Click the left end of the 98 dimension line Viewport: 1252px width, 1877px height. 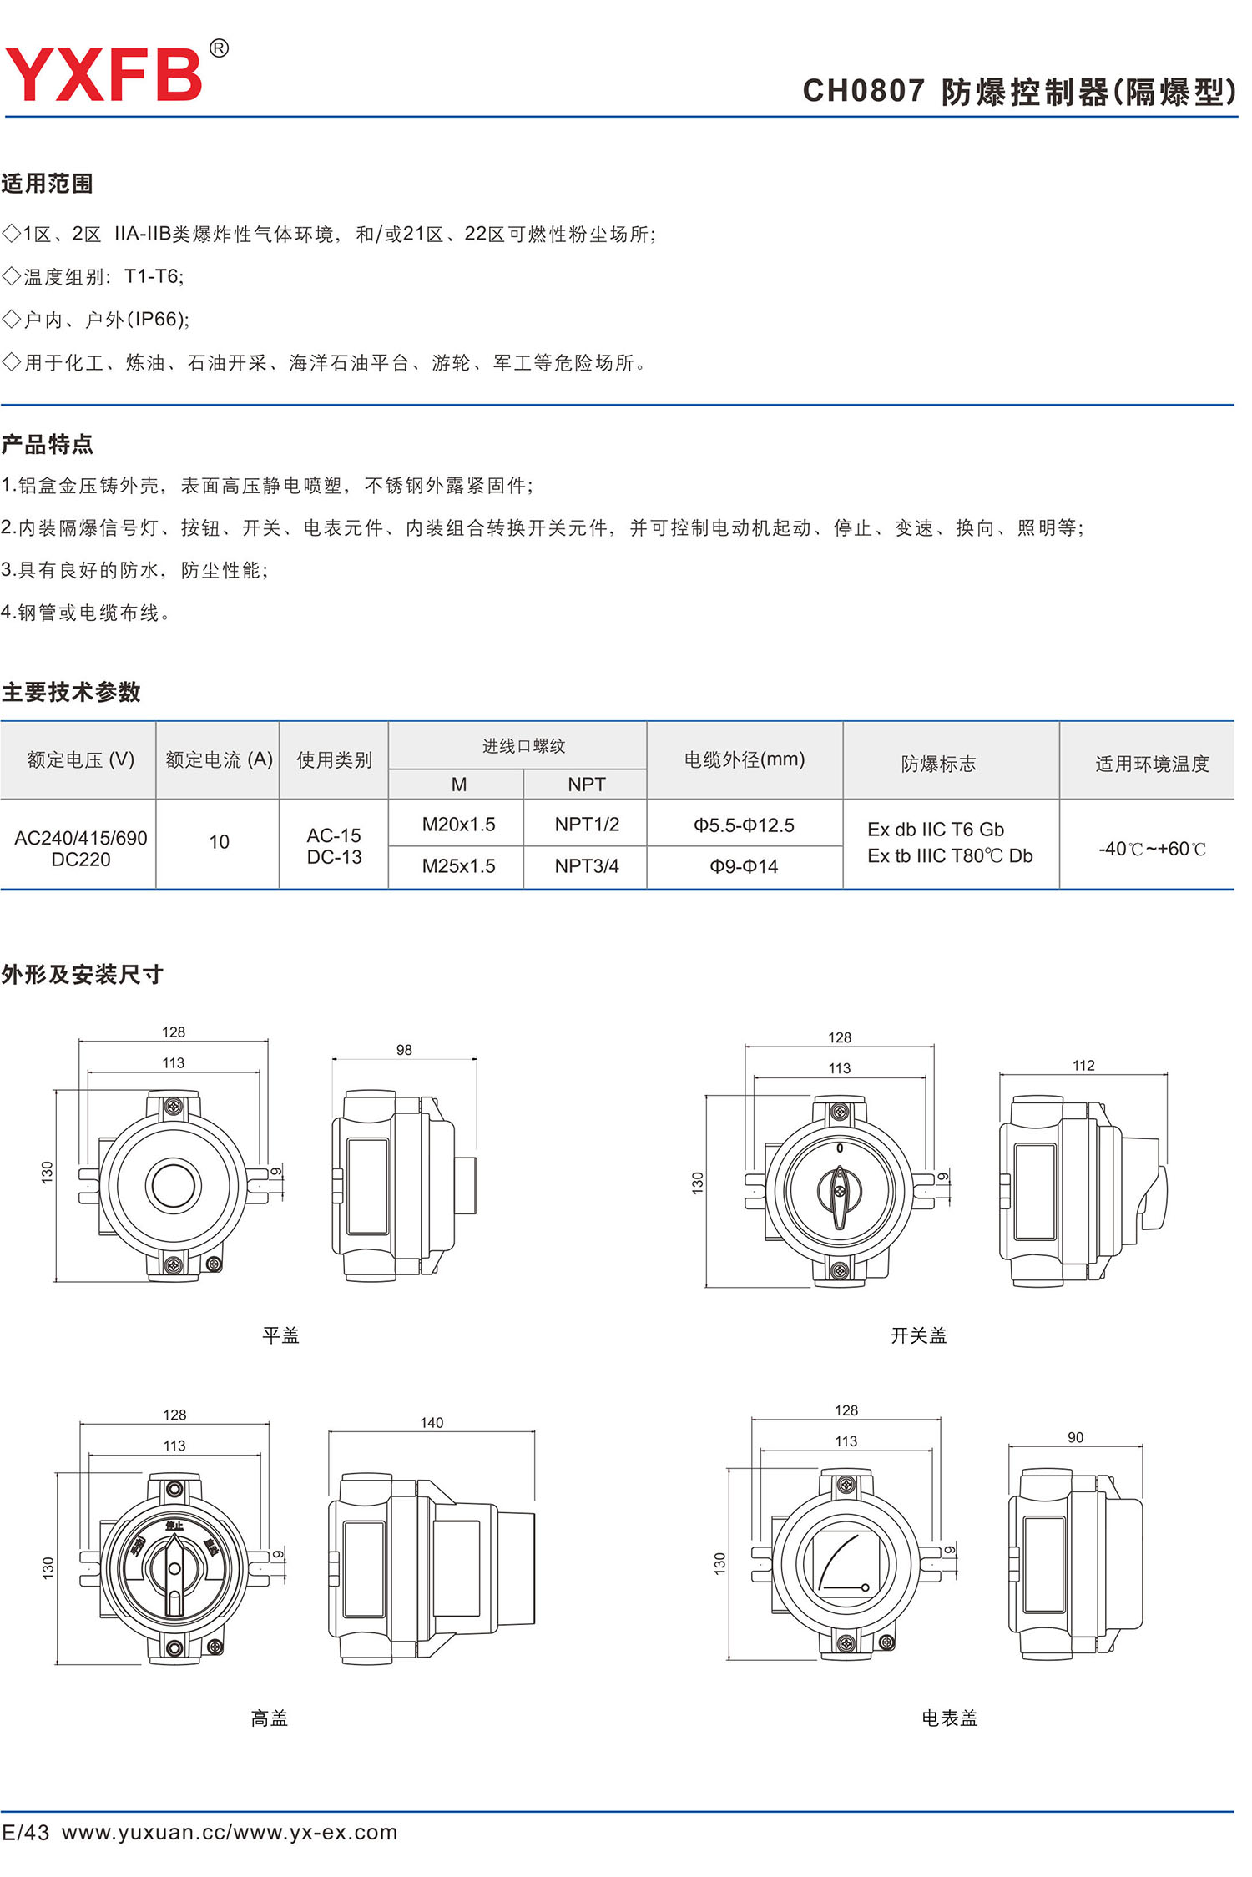[333, 1060]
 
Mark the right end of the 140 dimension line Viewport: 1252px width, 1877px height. [534, 1432]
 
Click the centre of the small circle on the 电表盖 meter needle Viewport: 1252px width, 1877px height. [866, 1587]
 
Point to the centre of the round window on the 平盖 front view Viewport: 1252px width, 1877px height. [173, 1185]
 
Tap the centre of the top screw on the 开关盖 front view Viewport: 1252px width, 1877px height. [840, 1112]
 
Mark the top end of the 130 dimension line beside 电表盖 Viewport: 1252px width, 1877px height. [729, 1469]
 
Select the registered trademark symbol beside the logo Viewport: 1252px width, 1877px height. [219, 48]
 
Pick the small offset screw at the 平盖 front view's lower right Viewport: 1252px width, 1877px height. [214, 1264]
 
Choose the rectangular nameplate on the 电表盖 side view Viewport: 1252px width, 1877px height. [1043, 1564]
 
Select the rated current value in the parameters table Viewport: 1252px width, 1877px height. [219, 842]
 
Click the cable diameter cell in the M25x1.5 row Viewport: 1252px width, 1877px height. [744, 866]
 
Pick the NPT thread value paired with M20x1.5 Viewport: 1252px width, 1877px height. [587, 825]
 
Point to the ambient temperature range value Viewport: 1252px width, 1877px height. [1152, 849]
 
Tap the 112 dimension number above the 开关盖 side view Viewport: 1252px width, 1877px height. [1083, 1065]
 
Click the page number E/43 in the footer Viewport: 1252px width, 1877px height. [26, 1832]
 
